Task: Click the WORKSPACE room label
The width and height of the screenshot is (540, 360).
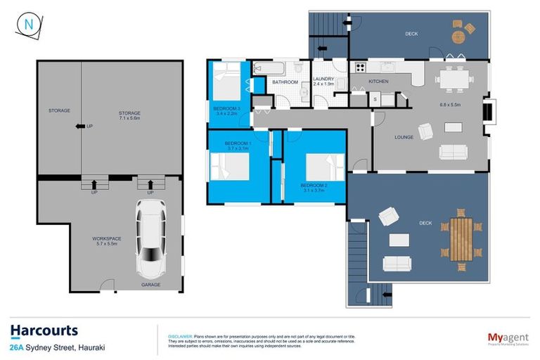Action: pos(106,238)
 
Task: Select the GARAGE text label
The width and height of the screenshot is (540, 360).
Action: pos(150,285)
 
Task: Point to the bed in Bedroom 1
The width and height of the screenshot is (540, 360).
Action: pos(229,168)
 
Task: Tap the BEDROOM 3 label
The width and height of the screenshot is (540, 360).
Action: pos(227,108)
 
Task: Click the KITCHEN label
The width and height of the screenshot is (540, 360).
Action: pos(378,82)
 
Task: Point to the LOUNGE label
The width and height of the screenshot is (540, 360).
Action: pos(404,137)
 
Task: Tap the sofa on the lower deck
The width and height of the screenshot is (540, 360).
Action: pos(398,264)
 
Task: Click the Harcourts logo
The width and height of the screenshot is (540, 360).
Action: pos(44,330)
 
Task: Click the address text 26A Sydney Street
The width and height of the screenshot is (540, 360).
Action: pos(53,347)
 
